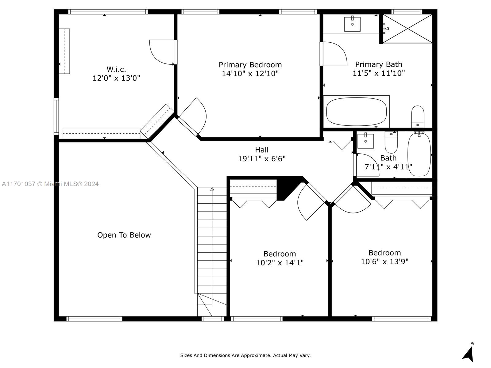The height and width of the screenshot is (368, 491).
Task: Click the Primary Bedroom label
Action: [250, 65]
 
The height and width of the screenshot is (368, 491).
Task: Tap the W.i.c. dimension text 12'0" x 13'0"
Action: [116, 78]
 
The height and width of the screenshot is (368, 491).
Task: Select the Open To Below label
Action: [124, 235]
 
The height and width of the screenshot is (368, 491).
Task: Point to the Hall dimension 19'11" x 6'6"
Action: [262, 159]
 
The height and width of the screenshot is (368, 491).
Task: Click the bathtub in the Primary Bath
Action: [356, 112]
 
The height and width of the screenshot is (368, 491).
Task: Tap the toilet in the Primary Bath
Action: [418, 117]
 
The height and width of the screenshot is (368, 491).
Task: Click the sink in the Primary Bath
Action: [352, 24]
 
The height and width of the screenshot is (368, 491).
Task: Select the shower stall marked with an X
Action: [407, 29]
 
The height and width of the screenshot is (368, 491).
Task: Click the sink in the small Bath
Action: [365, 141]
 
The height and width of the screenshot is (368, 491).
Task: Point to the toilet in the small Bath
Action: [391, 142]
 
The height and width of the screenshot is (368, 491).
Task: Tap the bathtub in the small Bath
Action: [419, 154]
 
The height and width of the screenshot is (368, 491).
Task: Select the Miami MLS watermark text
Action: [50, 184]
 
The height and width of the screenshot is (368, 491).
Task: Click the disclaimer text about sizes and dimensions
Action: [245, 355]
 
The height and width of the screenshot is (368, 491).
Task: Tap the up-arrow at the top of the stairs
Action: [212, 189]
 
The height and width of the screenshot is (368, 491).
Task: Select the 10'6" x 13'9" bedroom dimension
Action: [385, 261]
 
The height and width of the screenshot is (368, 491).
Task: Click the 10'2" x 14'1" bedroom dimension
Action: [280, 263]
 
